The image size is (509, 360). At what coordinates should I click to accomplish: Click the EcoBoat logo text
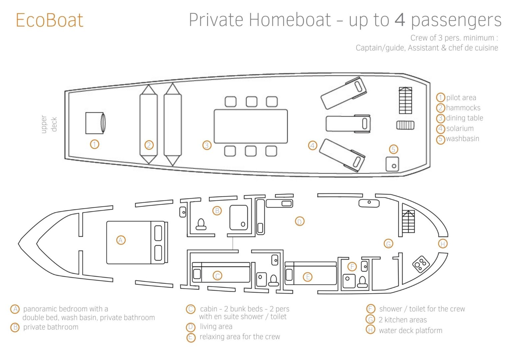49,20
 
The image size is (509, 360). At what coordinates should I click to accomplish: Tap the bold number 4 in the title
400,20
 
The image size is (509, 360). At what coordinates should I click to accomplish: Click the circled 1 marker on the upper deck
95,144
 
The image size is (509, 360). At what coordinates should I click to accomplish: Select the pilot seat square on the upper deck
95,123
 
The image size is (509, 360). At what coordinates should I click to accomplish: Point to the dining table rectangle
251,126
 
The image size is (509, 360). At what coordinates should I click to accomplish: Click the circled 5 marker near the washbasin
393,149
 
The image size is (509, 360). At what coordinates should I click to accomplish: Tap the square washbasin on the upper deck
392,164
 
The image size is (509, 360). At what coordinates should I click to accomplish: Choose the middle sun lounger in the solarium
348,124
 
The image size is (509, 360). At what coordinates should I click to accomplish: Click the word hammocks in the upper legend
463,108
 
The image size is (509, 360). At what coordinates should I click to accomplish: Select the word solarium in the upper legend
460,128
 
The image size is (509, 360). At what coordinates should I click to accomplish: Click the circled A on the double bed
121,240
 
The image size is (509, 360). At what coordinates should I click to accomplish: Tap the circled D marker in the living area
299,221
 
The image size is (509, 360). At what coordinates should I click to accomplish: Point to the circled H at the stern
442,244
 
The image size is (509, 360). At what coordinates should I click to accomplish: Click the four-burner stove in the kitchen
421,264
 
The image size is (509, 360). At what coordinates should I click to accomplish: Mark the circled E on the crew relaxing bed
307,277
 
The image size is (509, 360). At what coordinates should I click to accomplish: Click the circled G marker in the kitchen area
388,244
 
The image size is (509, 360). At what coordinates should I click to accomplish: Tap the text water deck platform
410,330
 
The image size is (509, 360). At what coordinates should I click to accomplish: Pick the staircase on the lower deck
408,222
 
